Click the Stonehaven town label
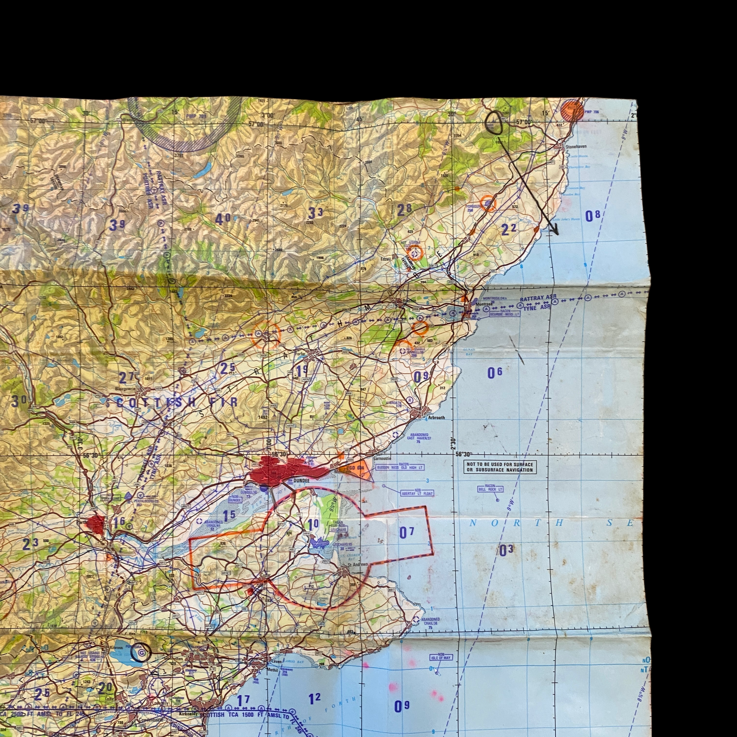576,147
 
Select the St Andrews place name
358,564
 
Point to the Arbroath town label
436,417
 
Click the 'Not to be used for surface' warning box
500,467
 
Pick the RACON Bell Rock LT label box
490,489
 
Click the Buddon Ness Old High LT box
399,467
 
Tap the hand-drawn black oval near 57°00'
494,123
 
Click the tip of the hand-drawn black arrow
557,234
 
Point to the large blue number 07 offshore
406,533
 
